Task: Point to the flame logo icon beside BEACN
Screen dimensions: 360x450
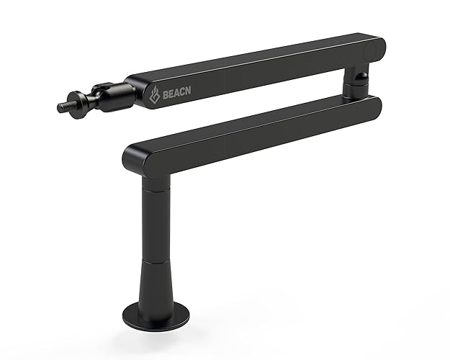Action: (153, 94)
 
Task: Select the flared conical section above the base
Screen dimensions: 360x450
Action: (153, 288)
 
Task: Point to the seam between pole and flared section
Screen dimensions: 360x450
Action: (153, 262)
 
